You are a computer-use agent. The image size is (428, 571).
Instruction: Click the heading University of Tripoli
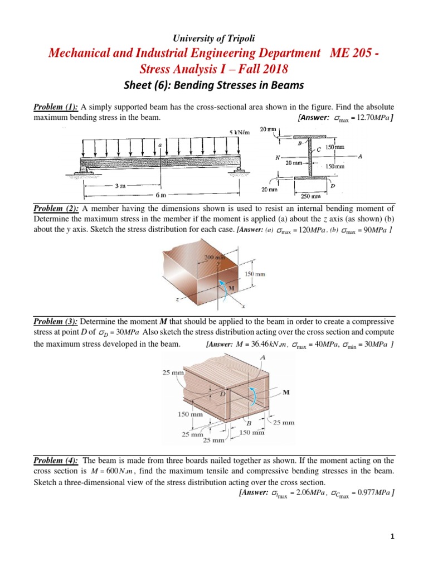pos(214,38)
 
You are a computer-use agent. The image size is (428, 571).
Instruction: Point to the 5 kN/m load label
pos(239,132)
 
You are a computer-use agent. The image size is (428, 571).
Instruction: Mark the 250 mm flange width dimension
pos(310,196)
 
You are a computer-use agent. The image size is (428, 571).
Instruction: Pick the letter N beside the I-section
pos(277,157)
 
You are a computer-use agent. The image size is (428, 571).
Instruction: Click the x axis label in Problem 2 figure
pos(243,306)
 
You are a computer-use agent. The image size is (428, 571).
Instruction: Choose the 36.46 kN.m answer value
pos(262,344)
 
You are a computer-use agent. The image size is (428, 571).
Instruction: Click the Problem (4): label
pos(56,461)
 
